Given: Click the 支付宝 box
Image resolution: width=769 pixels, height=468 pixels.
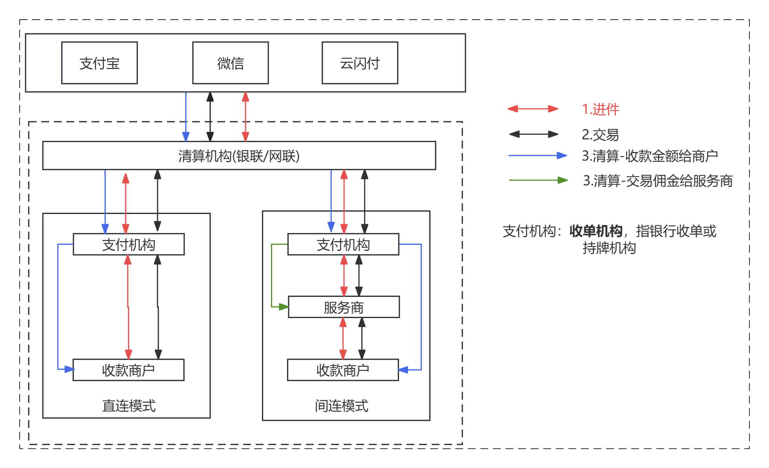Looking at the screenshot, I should tap(99, 63).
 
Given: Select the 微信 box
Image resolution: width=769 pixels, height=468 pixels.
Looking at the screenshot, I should tap(230, 63).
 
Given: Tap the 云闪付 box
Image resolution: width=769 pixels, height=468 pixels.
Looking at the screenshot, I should tap(359, 63).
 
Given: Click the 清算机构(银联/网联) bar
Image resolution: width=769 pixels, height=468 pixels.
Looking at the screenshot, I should tap(239, 156).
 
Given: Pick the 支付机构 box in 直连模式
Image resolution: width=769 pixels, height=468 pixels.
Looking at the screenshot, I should tap(128, 245).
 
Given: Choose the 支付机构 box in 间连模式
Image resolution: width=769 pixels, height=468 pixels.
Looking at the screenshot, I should tap(343, 245).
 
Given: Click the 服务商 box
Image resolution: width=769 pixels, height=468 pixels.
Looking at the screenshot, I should tap(343, 307).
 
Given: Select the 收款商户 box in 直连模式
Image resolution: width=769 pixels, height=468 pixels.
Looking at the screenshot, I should tap(128, 370).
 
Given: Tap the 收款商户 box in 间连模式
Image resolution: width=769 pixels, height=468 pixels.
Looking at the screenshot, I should tap(342, 370).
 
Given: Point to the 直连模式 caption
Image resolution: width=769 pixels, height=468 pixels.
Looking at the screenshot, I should tap(128, 406).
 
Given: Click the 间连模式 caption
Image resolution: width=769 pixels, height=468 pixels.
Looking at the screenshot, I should tap(341, 406).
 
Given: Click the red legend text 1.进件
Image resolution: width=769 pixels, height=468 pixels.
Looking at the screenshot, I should tap(600, 109).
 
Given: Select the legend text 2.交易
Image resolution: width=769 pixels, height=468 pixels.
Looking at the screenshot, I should tap(600, 135).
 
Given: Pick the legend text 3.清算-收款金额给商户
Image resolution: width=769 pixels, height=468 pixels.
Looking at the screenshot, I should tap(650, 156).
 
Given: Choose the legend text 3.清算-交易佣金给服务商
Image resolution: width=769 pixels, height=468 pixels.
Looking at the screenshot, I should tap(657, 181).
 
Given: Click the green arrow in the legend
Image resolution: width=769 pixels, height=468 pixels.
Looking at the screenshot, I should tap(538, 180).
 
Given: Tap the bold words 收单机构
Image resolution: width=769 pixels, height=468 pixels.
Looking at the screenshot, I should tap(595, 231).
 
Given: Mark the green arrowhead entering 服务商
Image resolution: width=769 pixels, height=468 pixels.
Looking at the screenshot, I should tap(283, 307).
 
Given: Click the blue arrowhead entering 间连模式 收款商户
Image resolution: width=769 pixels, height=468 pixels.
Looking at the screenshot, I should tap(403, 370).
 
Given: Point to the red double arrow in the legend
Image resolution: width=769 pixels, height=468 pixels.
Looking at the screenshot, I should tap(533, 109).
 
